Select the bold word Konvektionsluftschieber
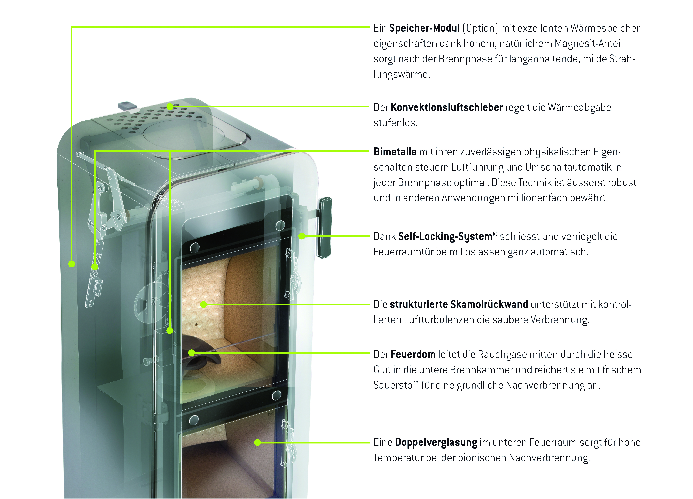click(x=446, y=108)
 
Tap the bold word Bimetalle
click(x=395, y=152)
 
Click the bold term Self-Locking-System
click(x=445, y=236)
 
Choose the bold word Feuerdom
click(x=413, y=354)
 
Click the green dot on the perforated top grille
click(x=170, y=106)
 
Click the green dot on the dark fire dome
click(x=192, y=353)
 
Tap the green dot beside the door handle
click(x=302, y=236)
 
